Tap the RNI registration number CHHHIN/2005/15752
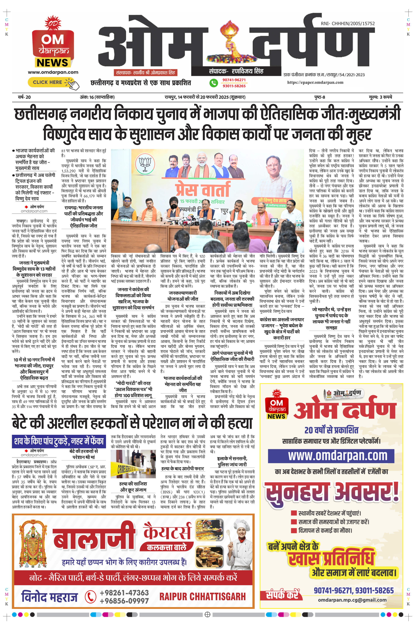[x=348, y=23]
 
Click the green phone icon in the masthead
[x=214, y=83]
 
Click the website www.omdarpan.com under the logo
[x=53, y=72]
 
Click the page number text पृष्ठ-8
[x=319, y=97]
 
